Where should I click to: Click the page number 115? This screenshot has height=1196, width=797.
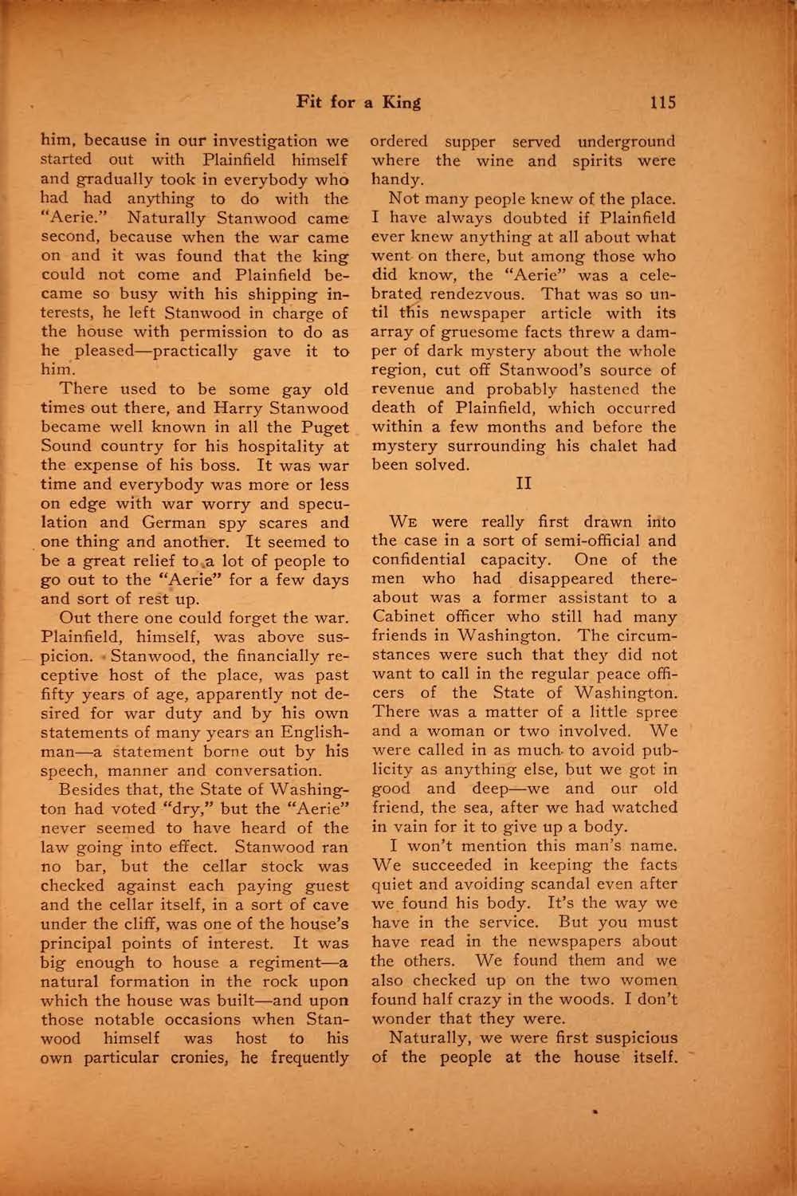662,102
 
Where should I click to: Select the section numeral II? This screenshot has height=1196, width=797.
524,483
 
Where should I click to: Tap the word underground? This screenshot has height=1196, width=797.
626,141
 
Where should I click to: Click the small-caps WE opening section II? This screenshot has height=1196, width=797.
408,523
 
